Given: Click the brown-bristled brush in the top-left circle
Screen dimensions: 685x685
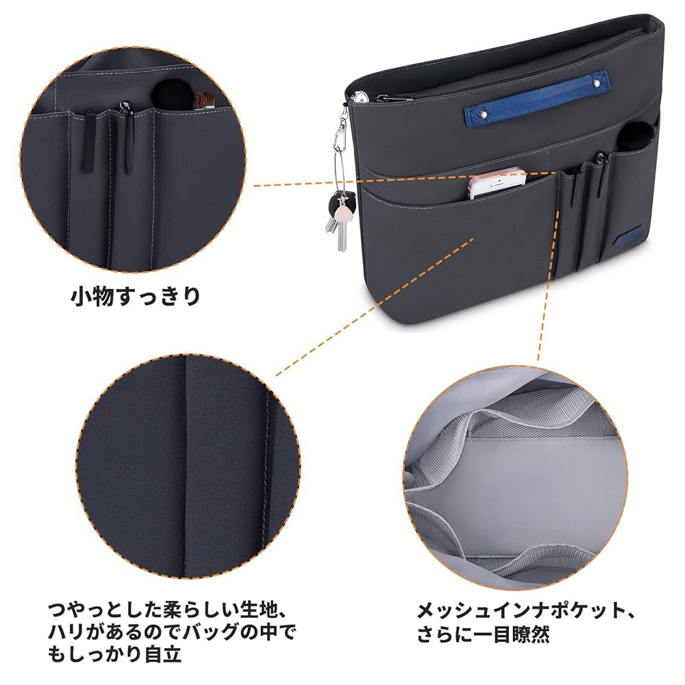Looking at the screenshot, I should [x=204, y=101].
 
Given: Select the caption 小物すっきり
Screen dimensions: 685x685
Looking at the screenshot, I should [x=136, y=297].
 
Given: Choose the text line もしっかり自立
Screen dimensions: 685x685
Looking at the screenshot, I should [x=114, y=653].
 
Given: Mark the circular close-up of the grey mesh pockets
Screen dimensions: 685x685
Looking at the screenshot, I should [x=519, y=480].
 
